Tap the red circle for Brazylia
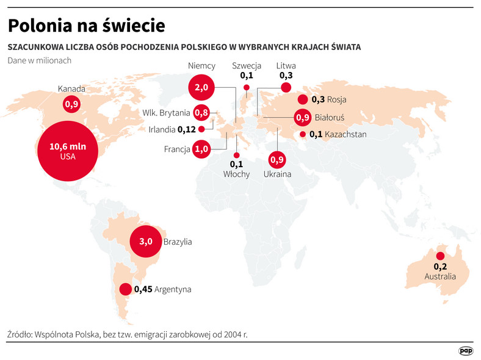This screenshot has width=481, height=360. pos(145,242)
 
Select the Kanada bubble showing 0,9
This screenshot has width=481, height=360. pos(72,104)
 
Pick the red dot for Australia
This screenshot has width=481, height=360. pos(439,256)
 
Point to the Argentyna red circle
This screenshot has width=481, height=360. pos(125,289)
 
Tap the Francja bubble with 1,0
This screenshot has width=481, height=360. pos(201,149)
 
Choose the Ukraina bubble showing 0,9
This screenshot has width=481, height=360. pos(277,160)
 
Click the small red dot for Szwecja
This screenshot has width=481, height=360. pos(247,88)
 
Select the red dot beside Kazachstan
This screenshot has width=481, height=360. pos(302,134)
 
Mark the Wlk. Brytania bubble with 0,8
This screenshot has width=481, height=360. pos(201,112)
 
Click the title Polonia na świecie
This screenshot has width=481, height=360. pos(85,26)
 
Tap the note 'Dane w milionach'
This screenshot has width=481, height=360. pos(40,60)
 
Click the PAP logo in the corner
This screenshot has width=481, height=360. pos(466,350)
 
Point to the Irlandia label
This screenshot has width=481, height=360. pos(162,129)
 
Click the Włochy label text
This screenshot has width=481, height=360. pos(236,174)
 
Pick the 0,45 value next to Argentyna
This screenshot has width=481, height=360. pos(143,289)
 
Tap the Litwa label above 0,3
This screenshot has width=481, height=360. pos(286,66)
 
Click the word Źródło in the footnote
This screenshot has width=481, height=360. pos(20,334)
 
